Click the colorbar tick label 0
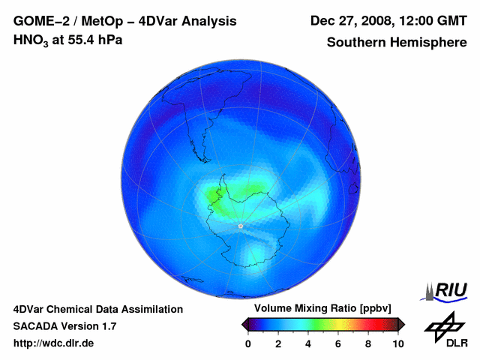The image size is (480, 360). [248, 343]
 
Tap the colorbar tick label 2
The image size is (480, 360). [278, 343]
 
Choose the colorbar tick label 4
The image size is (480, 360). [308, 343]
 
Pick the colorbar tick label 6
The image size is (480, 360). [338, 343]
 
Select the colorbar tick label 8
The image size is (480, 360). [368, 343]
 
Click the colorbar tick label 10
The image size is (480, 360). [397, 343]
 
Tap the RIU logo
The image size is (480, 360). [447, 289]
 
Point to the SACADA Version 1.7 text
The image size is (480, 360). [64, 326]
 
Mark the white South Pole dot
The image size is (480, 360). [240, 226]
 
